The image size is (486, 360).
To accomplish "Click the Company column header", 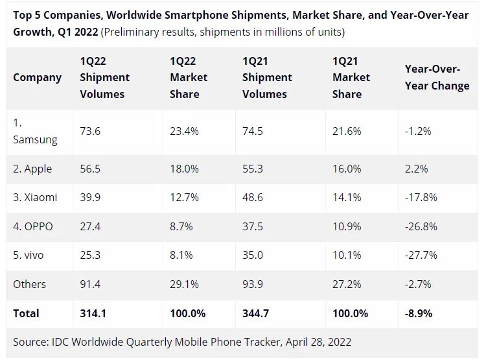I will (x=37, y=77).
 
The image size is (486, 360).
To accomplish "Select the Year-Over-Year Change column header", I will (x=437, y=77).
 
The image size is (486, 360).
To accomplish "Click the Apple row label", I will (x=32, y=169).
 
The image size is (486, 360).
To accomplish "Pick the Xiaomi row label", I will (x=35, y=197).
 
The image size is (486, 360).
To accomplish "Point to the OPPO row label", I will (x=33, y=226).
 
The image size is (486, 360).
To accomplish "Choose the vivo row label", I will (x=29, y=255).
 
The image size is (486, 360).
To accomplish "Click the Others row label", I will (x=29, y=283).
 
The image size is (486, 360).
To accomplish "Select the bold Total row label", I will (x=26, y=313).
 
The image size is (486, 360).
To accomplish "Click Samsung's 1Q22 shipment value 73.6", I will (x=90, y=130).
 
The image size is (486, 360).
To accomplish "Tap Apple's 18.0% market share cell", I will (x=184, y=169).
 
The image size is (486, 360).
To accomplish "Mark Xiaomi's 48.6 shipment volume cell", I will (x=253, y=197).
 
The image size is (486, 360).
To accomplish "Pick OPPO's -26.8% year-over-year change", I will (x=421, y=226).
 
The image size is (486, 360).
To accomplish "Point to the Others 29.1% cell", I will (x=184, y=283).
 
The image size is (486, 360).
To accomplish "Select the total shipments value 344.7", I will (x=256, y=313).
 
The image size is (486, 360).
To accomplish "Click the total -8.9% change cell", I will (x=419, y=313).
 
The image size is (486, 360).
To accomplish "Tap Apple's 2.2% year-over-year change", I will (x=417, y=169).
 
